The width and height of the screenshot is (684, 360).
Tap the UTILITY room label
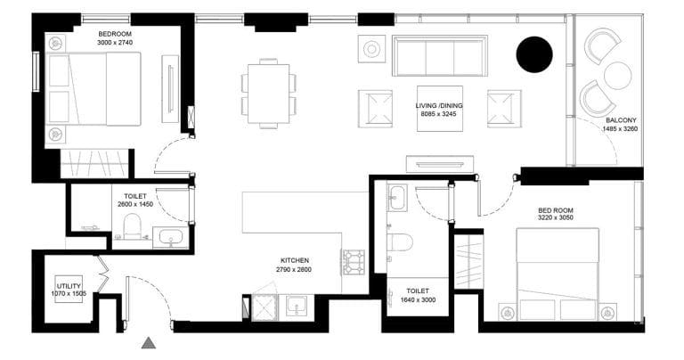click(x=69, y=285)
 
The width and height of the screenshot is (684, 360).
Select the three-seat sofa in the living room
click(x=442, y=55)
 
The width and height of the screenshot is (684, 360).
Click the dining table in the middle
click(x=268, y=93)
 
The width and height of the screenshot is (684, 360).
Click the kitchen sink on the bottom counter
click(x=297, y=307)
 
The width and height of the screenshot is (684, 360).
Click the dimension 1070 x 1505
click(x=69, y=294)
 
